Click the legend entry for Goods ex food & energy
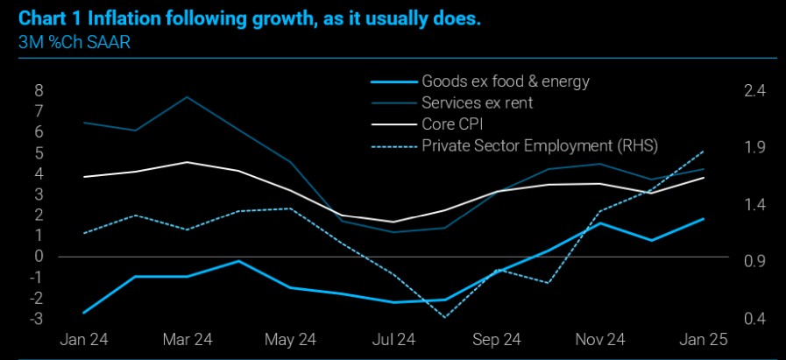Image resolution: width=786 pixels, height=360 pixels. (x=506, y=81)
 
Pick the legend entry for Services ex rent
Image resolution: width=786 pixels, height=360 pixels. (x=478, y=102)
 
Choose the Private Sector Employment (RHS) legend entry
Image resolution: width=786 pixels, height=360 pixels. (x=539, y=145)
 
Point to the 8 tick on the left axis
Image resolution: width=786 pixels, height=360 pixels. (x=39, y=90)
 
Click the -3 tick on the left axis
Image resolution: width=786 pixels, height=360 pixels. (x=36, y=319)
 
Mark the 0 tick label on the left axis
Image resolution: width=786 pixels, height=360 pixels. (x=39, y=257)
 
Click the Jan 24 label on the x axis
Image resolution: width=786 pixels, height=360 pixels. (x=84, y=340)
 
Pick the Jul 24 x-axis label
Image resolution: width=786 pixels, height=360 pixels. (x=393, y=340)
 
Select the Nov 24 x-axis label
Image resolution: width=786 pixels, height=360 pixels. (x=601, y=340)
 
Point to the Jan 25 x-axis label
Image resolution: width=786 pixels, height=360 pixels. (x=704, y=340)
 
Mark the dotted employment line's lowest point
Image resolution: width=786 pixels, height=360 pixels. (x=445, y=317)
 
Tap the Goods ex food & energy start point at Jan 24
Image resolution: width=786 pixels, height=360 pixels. (x=84, y=313)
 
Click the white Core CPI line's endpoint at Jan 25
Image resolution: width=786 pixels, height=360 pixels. (x=705, y=178)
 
